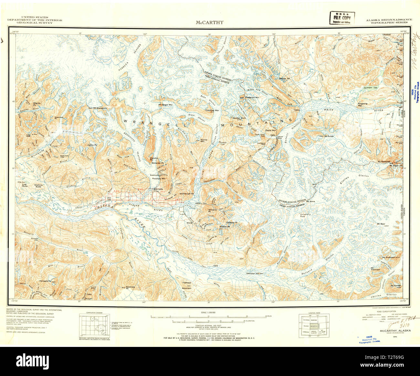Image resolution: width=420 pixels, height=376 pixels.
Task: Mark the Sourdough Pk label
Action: point(186,194)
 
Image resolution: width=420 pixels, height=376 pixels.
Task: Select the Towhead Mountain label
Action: point(186,285)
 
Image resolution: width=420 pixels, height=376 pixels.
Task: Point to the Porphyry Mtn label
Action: point(159,178)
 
